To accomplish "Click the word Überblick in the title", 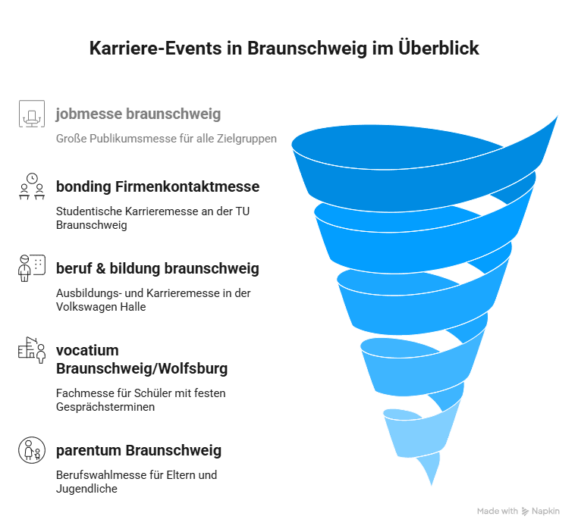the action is point(438,48).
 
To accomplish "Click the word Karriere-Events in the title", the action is point(155,49).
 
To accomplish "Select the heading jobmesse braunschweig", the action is point(138,114).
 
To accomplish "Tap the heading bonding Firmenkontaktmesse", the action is point(158,186).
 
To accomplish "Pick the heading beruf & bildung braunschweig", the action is point(158,268).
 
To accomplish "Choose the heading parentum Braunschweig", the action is point(139,450).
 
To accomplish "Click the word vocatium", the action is point(87,350).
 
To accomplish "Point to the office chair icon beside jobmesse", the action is point(32,114).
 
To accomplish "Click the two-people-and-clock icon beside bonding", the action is point(32,186).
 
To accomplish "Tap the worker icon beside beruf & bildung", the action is point(32,268).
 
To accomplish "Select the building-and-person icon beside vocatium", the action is point(32,350).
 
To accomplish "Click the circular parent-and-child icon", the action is point(32,450).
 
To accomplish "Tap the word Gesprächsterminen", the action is point(105,407).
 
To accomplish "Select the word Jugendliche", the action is point(86,489).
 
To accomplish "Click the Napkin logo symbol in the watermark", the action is point(525,512).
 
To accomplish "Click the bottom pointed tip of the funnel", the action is point(432,485).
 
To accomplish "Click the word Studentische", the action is point(89,211).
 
